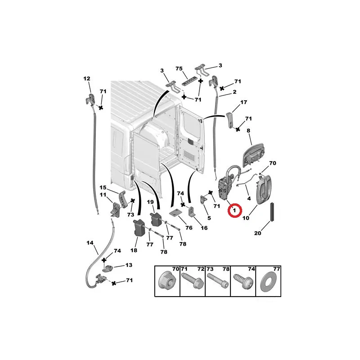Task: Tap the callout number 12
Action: [x=87, y=78]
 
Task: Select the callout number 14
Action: [x=90, y=243]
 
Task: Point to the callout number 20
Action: [x=257, y=233]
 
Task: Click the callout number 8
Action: [x=248, y=130]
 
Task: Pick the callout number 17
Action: [x=243, y=102]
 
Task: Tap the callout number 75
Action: [x=179, y=68]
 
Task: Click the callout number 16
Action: [x=204, y=228]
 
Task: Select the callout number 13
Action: [x=129, y=265]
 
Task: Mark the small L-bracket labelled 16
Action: [x=191, y=211]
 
